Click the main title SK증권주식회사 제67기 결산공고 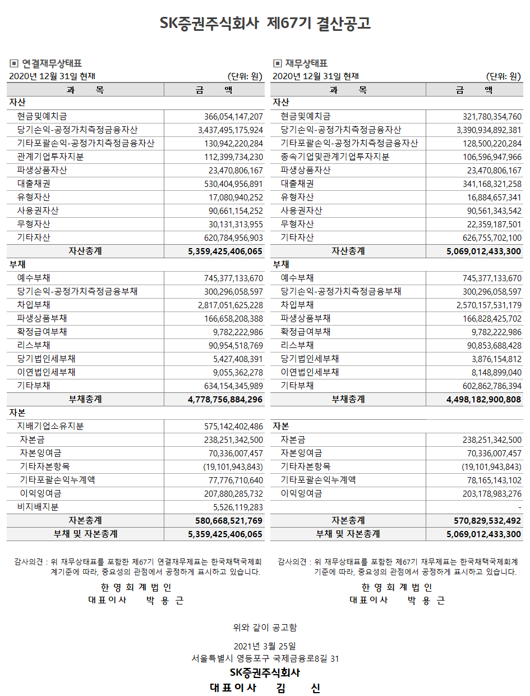[265, 24]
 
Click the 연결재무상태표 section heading [52, 63]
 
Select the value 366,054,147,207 [233, 117]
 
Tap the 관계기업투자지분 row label [50, 157]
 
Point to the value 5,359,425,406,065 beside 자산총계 [225, 251]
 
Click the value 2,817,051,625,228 [230, 305]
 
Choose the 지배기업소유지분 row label [50, 427]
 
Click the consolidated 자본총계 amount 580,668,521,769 [225, 521]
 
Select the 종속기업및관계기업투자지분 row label [335, 157]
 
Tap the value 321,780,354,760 [492, 117]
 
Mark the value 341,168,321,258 [492, 184]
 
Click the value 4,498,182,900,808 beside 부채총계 [484, 400]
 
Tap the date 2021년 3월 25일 [265, 645]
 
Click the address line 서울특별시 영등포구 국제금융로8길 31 [265, 658]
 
